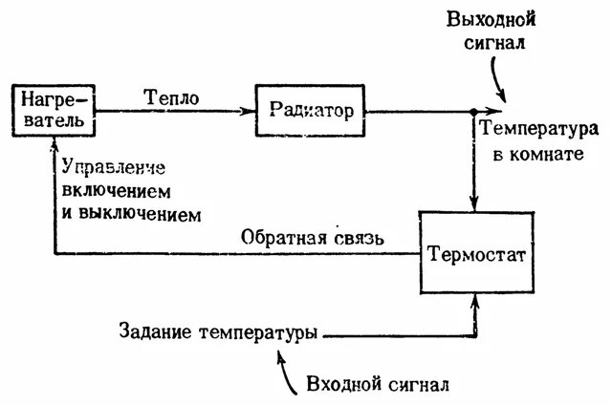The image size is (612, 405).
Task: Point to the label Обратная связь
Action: tap(313, 238)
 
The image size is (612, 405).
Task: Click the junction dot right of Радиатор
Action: tap(473, 112)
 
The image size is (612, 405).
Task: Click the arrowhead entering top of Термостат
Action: tap(473, 204)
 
